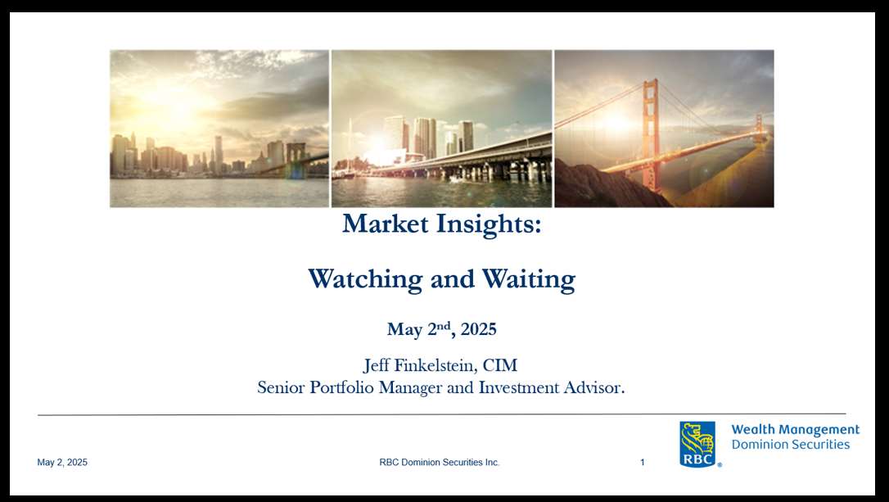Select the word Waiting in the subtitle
pos(529,279)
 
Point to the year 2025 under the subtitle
pos(479,329)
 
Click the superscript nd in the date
pos(444,325)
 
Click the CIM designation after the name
pos(500,365)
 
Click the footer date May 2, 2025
pos(62,463)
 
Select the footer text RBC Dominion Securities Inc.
pos(440,463)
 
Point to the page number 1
pos(643,463)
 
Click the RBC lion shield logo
pos(697,444)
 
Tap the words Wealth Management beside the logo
pos(796,430)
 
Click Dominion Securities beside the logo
pos(790,444)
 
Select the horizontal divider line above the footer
pos(442,414)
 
